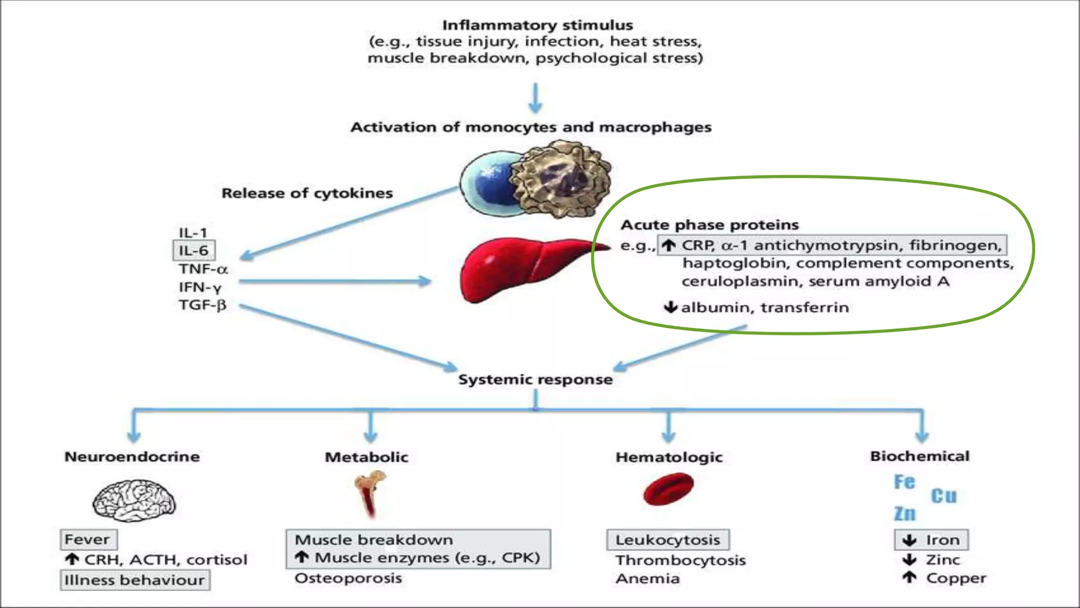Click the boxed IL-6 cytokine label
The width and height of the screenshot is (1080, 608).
[x=194, y=251]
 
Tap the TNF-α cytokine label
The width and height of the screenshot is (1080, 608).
[x=203, y=269]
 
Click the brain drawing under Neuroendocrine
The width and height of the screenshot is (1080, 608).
[x=134, y=500]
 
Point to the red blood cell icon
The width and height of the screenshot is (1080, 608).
[x=669, y=489]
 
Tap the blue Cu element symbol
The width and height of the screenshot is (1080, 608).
[x=943, y=496]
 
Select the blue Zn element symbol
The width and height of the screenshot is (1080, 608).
[x=905, y=514]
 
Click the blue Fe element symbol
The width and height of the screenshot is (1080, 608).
[x=904, y=482]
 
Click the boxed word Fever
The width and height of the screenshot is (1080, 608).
[x=88, y=539]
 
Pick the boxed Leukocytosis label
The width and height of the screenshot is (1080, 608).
[x=668, y=540]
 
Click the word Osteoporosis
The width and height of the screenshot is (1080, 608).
[x=348, y=578]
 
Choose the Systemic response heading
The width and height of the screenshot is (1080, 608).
[x=535, y=379]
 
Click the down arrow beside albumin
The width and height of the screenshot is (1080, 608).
[x=670, y=307]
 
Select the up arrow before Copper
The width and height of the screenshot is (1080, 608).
[x=909, y=578]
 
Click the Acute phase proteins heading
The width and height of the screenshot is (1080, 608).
[x=709, y=225]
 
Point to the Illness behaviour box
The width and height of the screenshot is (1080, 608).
[x=135, y=580]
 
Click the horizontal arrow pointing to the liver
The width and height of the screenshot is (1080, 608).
[x=335, y=281]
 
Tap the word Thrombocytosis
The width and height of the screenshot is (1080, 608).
[x=680, y=560]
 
